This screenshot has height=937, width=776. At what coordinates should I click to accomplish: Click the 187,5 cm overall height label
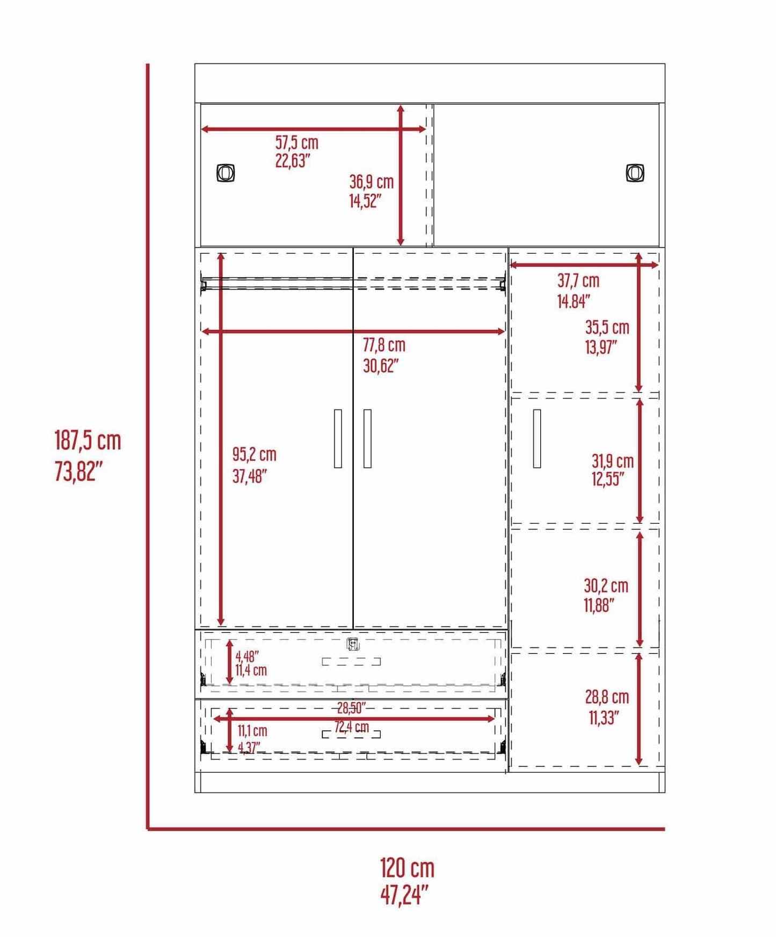pyautogui.click(x=88, y=441)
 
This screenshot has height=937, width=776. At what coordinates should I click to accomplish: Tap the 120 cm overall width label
pyautogui.click(x=407, y=868)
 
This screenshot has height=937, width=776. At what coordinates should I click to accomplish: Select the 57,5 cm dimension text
pyautogui.click(x=296, y=142)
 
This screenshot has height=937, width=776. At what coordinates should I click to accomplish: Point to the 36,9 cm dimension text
pyautogui.click(x=371, y=182)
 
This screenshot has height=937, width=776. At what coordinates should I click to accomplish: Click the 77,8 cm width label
pyautogui.click(x=384, y=345)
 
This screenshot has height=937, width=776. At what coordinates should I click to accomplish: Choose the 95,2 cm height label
pyautogui.click(x=254, y=455)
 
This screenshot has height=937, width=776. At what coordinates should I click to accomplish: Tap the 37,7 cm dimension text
pyautogui.click(x=578, y=280)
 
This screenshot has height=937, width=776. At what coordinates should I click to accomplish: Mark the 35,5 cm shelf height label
pyautogui.click(x=607, y=327)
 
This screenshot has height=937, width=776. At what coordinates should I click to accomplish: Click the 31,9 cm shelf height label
pyautogui.click(x=613, y=461)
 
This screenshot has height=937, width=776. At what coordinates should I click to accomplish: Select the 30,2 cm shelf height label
pyautogui.click(x=606, y=586)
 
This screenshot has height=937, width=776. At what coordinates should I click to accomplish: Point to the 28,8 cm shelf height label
pyautogui.click(x=607, y=697)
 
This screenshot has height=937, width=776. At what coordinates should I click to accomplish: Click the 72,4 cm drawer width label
pyautogui.click(x=352, y=727)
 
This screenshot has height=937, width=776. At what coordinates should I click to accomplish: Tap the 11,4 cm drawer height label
pyautogui.click(x=251, y=670)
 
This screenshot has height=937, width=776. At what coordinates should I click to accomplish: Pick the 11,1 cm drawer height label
pyautogui.click(x=252, y=731)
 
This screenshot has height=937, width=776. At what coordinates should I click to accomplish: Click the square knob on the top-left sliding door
pyautogui.click(x=226, y=173)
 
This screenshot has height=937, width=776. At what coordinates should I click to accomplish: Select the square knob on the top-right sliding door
pyautogui.click(x=635, y=173)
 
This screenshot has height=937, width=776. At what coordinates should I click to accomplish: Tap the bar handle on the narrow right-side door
pyautogui.click(x=537, y=438)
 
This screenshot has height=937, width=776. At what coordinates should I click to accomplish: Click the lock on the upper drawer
pyautogui.click(x=352, y=644)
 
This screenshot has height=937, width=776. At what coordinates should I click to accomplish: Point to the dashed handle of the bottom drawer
pyautogui.click(x=351, y=734)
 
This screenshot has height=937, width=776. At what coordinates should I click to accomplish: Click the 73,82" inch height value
pyautogui.click(x=78, y=471)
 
